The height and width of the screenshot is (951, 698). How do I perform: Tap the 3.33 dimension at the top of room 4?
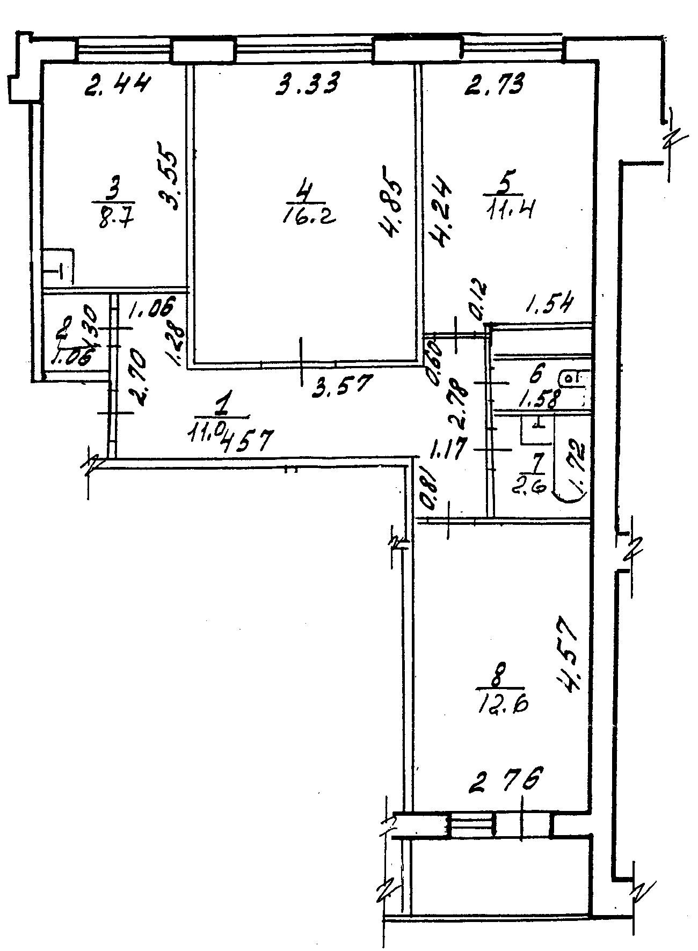point(307,85)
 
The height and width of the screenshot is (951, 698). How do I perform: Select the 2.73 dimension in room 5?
point(493,85)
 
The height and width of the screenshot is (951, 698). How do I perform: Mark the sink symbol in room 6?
point(573,379)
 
